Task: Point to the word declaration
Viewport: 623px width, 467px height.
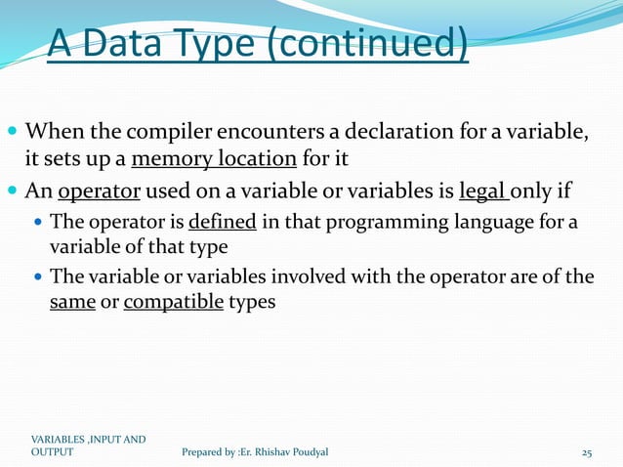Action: pyautogui.click(x=391, y=131)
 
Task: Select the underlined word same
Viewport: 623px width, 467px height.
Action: pyautogui.click(x=72, y=302)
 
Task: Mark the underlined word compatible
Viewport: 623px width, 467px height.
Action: pyautogui.click(x=170, y=302)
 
